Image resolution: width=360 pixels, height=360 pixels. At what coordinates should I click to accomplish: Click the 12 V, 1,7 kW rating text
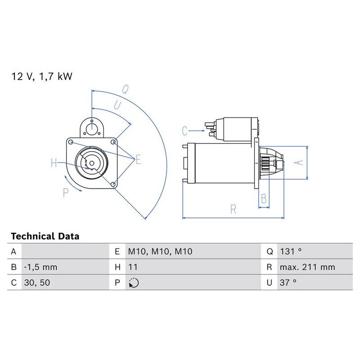(42, 76)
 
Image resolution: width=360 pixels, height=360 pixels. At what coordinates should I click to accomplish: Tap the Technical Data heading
(45, 236)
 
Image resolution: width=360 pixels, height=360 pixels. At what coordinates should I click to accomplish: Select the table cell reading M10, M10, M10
(160, 252)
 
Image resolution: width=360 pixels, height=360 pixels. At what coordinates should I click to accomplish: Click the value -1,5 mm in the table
(40, 267)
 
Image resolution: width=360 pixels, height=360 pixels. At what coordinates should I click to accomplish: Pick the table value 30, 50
(37, 283)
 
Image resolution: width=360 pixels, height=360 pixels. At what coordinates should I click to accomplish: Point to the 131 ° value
(291, 252)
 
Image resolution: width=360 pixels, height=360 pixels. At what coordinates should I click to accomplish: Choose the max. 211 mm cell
(307, 267)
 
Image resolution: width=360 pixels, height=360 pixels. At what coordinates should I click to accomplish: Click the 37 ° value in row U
(288, 283)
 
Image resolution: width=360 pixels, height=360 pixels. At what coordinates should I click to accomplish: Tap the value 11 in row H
(133, 267)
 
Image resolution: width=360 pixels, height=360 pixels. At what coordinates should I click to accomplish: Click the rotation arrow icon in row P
(134, 283)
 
